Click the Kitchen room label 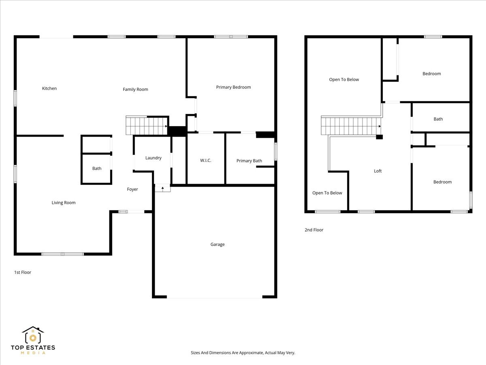pos(49,88)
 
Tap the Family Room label pos(136,89)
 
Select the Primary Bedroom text pos(233,87)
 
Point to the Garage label pos(217,244)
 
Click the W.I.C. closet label pos(205,160)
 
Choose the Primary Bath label pos(249,161)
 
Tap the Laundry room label pos(153,158)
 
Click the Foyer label pos(132,189)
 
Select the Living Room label pos(64,202)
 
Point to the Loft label pos(378,171)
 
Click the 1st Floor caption pos(23,273)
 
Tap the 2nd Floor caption pos(314,230)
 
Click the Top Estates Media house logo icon pos(33,335)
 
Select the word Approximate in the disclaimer pos(251,352)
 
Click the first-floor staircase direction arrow pos(166,126)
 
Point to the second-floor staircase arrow pos(379,126)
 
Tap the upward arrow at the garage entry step pos(162,189)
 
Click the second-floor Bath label pos(438,119)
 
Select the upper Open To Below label pos(344,79)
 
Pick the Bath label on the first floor pos(97,168)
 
